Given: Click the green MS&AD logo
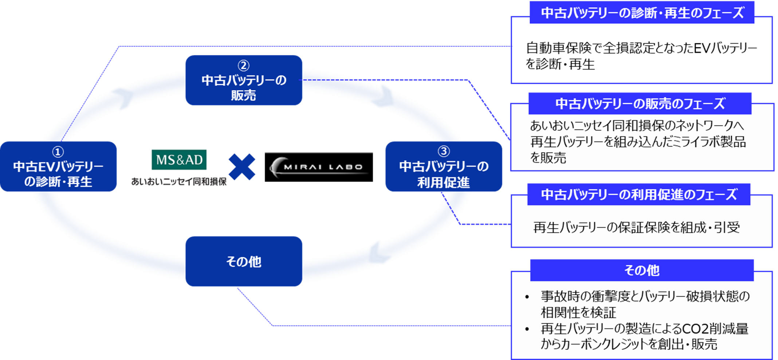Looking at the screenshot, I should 179,160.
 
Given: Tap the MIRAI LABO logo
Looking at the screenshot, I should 319,167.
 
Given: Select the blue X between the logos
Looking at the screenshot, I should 242,167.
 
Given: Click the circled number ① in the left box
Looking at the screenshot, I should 58,151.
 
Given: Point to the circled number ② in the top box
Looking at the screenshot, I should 244,66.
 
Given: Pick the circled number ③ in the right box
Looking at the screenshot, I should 444,151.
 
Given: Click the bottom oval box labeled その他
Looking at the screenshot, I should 244,261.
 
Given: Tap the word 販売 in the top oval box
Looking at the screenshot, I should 244,95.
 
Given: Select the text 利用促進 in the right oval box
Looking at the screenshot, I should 444,182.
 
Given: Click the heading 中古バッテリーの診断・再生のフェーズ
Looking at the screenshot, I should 642,13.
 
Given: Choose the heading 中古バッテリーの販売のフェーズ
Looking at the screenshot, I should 640,104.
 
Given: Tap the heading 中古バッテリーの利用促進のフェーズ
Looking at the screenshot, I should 639,195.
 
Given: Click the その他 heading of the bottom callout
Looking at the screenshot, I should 642,270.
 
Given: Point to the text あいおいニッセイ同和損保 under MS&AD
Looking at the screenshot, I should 179,181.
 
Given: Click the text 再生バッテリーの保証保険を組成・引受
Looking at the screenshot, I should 636,227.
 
